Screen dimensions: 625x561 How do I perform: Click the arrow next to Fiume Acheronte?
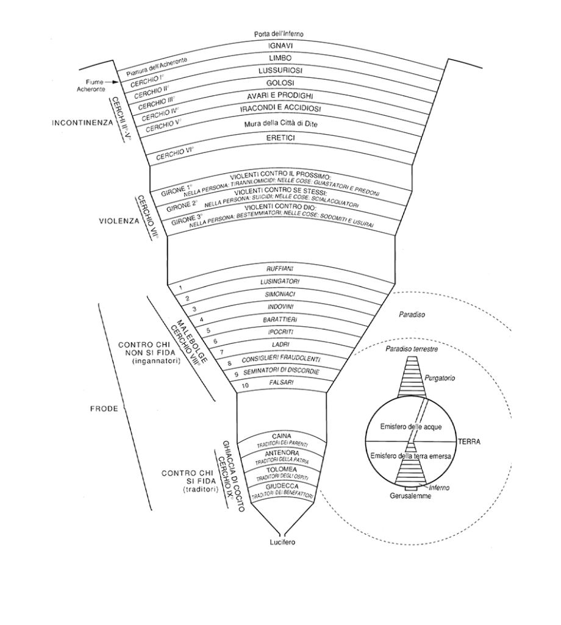tap(111, 81)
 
